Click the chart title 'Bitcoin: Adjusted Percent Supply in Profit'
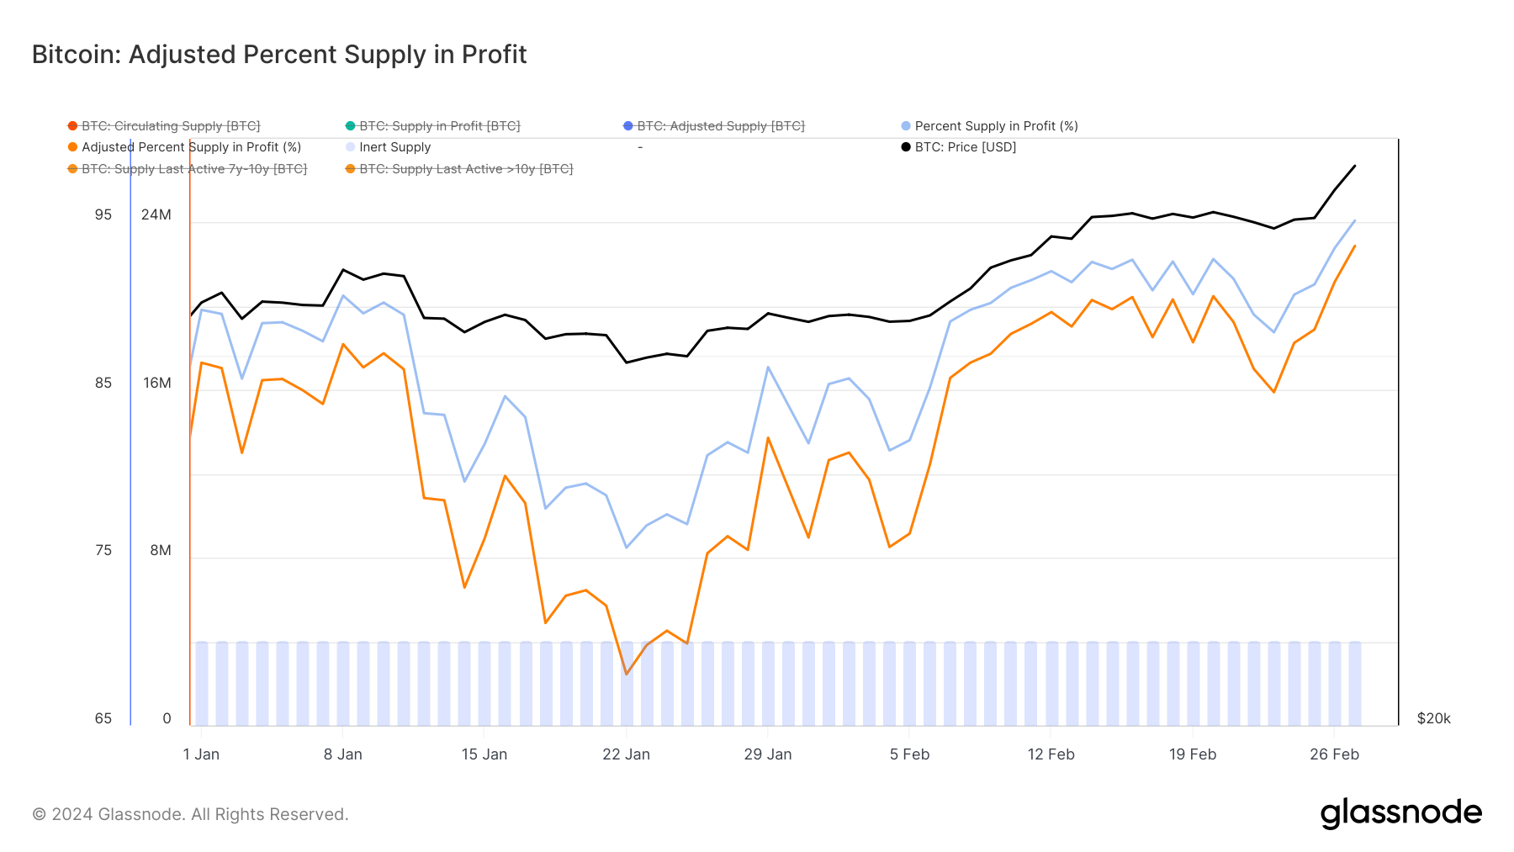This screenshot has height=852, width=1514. [279, 55]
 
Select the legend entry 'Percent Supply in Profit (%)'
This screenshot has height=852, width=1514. [996, 126]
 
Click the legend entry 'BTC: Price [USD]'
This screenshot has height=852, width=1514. [965, 147]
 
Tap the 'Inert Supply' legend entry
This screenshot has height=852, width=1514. [394, 147]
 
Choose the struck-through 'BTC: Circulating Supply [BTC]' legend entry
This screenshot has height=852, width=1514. [171, 126]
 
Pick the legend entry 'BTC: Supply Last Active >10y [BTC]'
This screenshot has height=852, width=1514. [466, 169]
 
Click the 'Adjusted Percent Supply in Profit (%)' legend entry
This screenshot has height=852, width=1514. [191, 147]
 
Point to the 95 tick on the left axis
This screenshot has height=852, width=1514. [103, 215]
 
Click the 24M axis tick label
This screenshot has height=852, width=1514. [156, 215]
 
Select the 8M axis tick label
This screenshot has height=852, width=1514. [160, 551]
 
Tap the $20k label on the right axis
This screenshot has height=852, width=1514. [1433, 719]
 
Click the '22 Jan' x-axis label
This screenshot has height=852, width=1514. [626, 754]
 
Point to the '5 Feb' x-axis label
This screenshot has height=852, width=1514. [909, 754]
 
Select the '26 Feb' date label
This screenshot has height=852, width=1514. [1334, 754]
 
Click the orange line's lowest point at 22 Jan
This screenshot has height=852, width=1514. [627, 674]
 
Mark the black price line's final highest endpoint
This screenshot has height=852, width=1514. [1354, 166]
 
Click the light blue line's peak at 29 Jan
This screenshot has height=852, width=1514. [768, 368]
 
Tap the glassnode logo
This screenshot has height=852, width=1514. [1400, 813]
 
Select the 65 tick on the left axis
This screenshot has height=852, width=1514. [103, 719]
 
